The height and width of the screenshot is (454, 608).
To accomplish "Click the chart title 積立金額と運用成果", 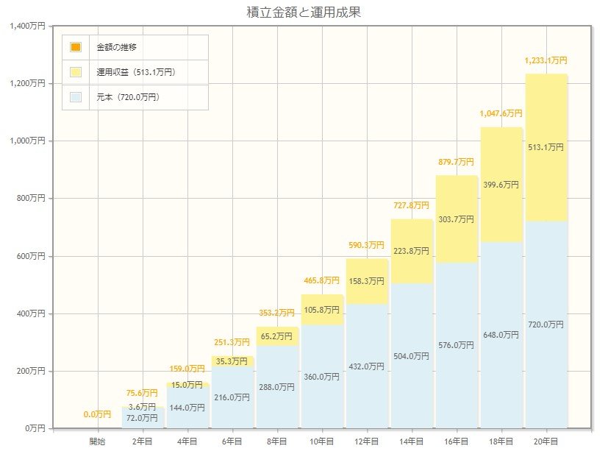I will [x=304, y=13].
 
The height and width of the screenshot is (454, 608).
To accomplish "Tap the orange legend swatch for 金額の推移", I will [x=76, y=47].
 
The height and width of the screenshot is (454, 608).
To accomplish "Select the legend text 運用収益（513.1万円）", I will [x=136, y=72].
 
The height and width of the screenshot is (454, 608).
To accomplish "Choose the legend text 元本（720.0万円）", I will [x=128, y=97].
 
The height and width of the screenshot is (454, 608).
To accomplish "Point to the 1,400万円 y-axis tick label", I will [x=29, y=26].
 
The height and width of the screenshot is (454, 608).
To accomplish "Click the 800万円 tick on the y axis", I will [x=32, y=199].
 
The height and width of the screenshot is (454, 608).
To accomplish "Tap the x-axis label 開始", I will [x=97, y=441].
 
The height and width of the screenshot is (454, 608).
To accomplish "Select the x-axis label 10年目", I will [x=321, y=441].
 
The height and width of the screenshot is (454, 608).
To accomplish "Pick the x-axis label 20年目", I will [x=546, y=441].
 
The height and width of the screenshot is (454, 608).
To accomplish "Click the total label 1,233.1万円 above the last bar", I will [x=546, y=60].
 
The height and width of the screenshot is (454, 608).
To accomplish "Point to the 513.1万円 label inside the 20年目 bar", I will [x=546, y=147].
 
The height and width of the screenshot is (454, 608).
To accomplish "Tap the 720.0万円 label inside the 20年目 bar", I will [x=546, y=324].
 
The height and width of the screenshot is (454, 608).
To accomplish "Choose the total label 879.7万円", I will [x=456, y=162].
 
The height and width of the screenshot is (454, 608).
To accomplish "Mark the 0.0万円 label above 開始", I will [x=97, y=414].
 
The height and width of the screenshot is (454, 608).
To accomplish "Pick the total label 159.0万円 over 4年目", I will [x=187, y=369].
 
